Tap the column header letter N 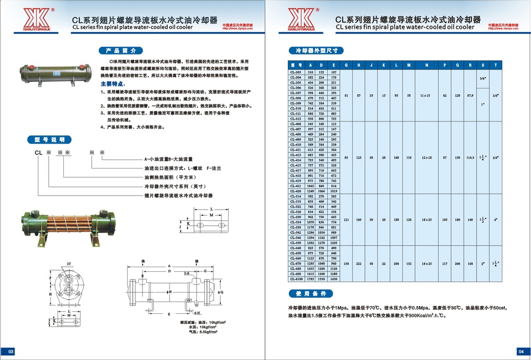click(426, 65)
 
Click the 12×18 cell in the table click(426, 157)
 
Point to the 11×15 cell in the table click(426, 96)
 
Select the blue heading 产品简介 click(120, 51)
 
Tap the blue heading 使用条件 click(311, 294)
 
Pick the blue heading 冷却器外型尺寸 click(316, 51)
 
